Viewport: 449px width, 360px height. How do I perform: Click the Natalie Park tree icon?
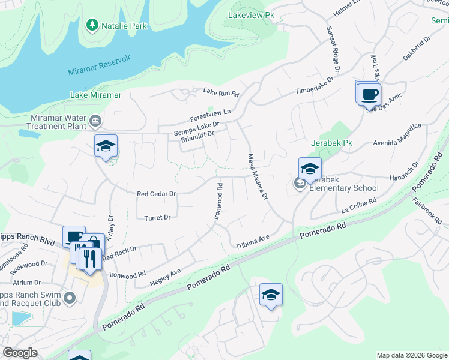coord(92,25)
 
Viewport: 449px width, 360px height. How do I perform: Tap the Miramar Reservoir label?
coord(100,67)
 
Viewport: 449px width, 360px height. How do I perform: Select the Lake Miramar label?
coord(96,95)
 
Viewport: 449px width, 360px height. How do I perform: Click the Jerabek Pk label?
coord(331,144)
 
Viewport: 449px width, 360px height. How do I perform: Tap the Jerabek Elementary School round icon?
coord(300,184)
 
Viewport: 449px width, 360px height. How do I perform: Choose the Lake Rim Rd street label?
coord(221,92)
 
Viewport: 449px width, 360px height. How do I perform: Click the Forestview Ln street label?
coord(210,113)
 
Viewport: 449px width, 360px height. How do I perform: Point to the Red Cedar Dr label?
coord(156,194)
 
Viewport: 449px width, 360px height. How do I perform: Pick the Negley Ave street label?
coord(165,277)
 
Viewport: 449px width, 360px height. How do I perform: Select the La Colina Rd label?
coord(358,206)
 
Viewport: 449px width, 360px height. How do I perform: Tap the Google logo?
coord(20,353)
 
